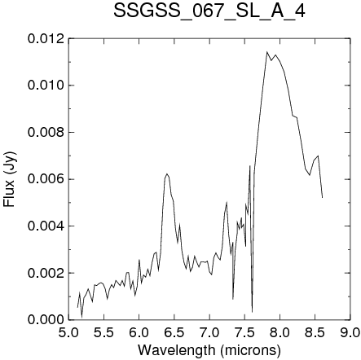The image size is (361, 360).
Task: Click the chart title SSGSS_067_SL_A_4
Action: point(209,11)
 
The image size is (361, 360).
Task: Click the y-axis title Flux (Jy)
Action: point(10,179)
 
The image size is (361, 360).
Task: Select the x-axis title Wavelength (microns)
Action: point(209,350)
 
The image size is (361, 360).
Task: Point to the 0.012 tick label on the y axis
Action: point(46,38)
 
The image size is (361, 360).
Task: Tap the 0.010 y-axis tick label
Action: point(46,86)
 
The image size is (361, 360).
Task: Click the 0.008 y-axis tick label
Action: point(46,133)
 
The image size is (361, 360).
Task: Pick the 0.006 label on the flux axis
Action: point(46,179)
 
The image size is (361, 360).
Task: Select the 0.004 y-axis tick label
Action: point(46,226)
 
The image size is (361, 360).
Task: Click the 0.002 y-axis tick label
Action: point(46,273)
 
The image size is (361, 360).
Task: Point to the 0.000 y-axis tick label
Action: point(46,320)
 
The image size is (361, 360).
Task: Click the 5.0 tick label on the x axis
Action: point(68,332)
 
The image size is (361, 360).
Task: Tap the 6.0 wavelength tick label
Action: point(139,332)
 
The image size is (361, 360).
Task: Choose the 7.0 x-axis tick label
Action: point(209,332)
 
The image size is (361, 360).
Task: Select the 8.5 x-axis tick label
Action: point(315,332)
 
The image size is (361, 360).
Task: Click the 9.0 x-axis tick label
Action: point(350,332)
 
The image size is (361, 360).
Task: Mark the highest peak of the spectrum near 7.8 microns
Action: point(266,51)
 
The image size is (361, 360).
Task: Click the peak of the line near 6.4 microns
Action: point(167,173)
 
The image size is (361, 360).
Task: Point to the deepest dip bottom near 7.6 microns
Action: point(252,312)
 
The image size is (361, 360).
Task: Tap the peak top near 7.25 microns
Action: point(227,202)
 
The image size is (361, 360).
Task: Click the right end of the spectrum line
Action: point(322,198)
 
